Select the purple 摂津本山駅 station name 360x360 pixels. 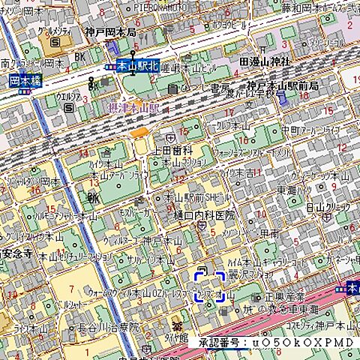coord(134,108)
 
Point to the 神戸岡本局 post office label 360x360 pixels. coord(110,32)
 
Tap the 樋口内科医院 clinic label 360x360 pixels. coord(204,215)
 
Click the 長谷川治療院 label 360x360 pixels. coord(107,327)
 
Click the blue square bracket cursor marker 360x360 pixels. coord(210,286)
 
